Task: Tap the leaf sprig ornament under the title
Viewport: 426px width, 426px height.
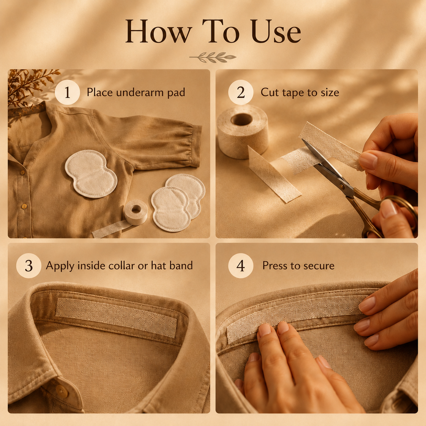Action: pos(213,57)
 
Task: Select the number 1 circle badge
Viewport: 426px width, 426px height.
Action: pos(67,92)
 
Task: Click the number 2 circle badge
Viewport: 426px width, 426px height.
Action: pos(241,92)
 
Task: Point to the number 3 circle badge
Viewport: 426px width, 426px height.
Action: pos(29,266)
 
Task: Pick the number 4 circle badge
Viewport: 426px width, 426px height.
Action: pos(241,266)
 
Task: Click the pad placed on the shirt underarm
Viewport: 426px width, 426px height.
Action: pos(91,174)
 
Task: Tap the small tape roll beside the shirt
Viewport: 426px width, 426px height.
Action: pos(136,212)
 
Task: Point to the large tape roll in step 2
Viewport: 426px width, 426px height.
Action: pos(243,131)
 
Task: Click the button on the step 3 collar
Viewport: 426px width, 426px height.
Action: pos(62,391)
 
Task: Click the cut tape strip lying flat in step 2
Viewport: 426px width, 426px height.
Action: pos(274,175)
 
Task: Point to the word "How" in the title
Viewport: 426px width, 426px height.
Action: pos(158,31)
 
